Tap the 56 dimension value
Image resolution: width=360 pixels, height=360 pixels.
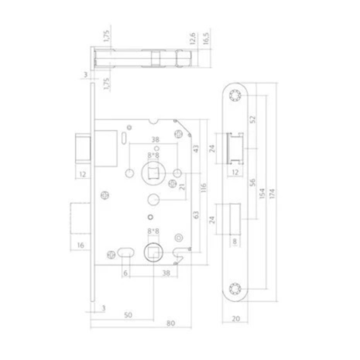point(254,183)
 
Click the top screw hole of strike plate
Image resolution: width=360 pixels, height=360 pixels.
point(235,94)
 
